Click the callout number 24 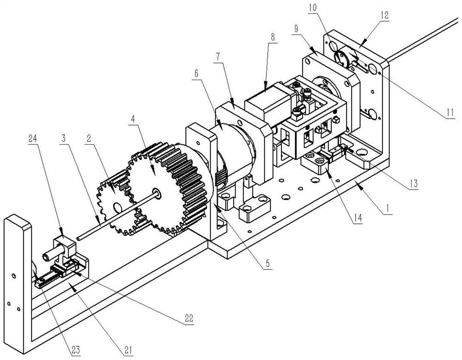pos(33,138)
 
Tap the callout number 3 pos(63,138)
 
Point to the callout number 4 pos(133,119)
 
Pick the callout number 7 pos(218,57)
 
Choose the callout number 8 pos(273,37)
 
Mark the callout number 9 pos(296,29)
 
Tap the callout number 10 pos(313,7)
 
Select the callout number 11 pos(450,112)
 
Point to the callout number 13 pos(413,183)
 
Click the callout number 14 pos(358,218)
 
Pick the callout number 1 pos(388,209)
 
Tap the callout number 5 pos(267,263)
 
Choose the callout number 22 pos(188,318)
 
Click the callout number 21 pos(128,350)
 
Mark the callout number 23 pos(75,350)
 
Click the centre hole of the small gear pos(117,208)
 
